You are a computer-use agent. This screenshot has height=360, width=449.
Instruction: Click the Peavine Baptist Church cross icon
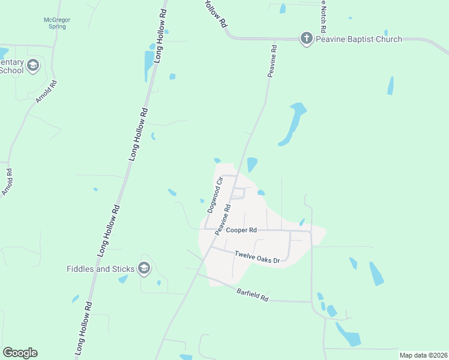point(306,40)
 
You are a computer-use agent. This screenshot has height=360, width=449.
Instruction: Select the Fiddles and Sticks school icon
point(144,268)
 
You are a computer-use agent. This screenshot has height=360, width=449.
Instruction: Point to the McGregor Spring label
point(58,23)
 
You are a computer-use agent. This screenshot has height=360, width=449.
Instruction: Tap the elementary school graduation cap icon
point(33,65)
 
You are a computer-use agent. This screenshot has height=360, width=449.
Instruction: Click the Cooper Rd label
point(241,230)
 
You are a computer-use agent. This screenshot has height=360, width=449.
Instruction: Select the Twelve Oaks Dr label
point(257,257)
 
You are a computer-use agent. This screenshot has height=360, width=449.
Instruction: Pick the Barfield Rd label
point(253,295)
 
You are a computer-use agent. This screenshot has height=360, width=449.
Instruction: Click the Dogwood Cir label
point(215,194)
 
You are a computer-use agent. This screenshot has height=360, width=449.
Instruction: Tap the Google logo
point(20,353)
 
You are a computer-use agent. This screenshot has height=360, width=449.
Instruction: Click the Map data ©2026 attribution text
point(423,355)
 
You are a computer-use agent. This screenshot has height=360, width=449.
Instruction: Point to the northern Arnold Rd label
point(46,92)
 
